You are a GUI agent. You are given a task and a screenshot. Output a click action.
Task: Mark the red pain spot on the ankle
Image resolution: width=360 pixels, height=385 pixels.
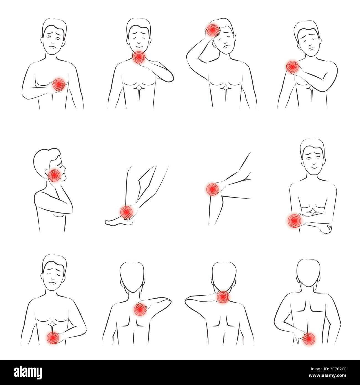click(126, 212)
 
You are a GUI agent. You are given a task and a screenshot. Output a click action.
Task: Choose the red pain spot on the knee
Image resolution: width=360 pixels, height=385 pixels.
click(212, 189)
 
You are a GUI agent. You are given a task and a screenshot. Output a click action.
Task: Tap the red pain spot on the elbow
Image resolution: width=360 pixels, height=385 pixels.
click(293, 221)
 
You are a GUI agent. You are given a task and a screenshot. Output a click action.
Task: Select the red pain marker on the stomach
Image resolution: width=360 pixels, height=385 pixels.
click(53, 337)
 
